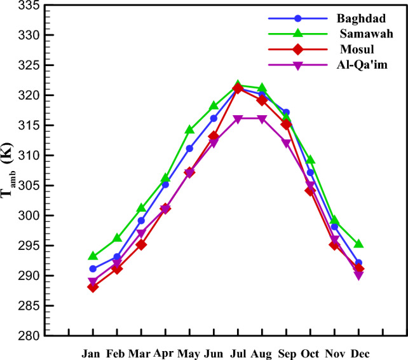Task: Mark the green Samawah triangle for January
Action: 93,256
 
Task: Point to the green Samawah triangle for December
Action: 358,244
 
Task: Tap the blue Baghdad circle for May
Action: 189,148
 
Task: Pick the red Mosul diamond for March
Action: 141,245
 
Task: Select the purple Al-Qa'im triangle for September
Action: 286,143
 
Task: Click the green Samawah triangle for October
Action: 310,160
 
